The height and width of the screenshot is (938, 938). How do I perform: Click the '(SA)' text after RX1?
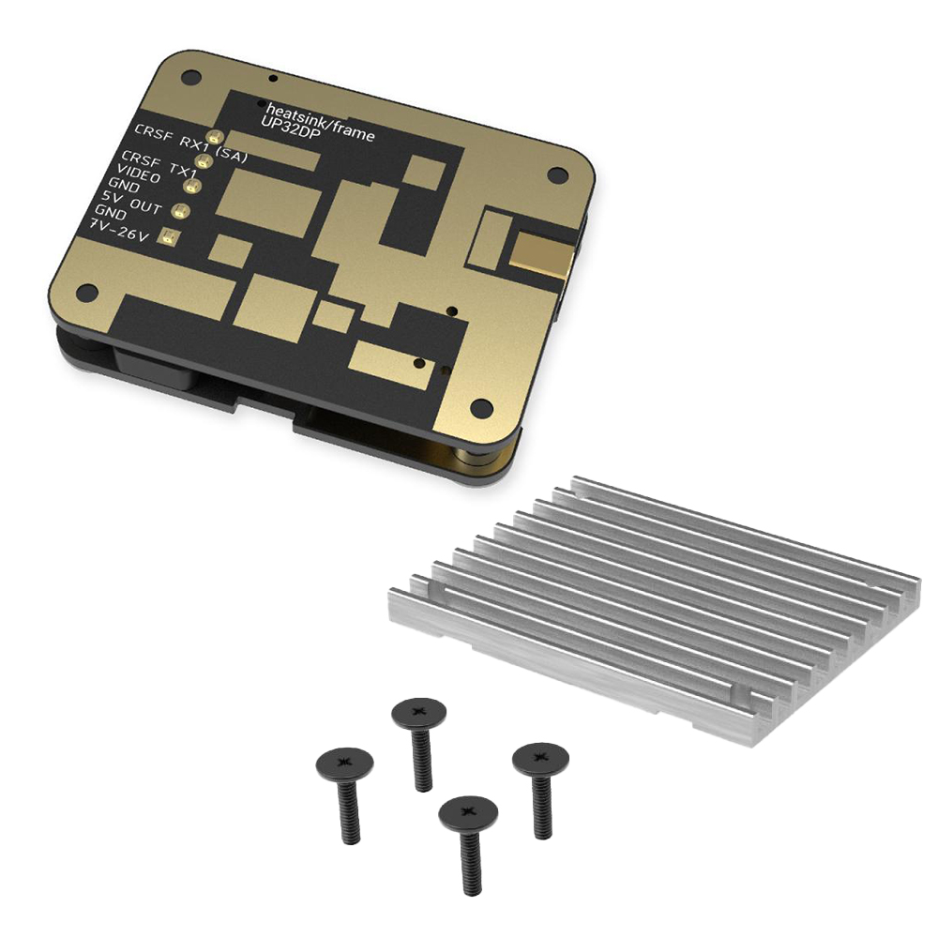pyautogui.click(x=231, y=157)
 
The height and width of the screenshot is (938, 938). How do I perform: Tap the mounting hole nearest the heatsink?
pyautogui.click(x=481, y=407)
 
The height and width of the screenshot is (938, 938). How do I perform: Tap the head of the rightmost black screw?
pyautogui.click(x=540, y=755)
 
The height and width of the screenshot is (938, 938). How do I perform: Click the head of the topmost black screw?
pyautogui.click(x=418, y=713)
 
